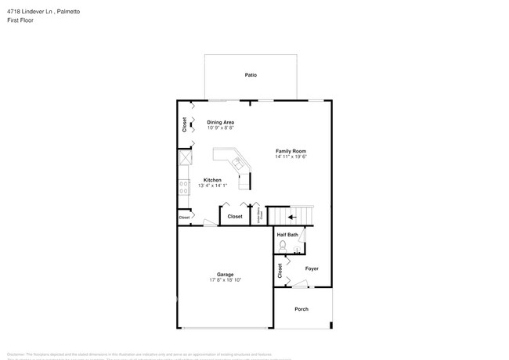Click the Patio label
click(250, 75)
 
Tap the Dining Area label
click(220, 122)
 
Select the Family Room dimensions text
click(290, 157)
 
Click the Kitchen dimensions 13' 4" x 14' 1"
click(213, 185)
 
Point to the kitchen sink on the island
click(239, 163)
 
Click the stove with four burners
click(185, 187)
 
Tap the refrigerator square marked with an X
click(185, 158)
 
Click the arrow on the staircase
click(291, 217)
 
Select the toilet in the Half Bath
click(283, 245)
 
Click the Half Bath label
click(287, 235)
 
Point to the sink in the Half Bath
click(298, 250)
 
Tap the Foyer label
click(312, 268)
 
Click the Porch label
click(301, 309)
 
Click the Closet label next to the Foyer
click(280, 271)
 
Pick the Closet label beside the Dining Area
click(185, 124)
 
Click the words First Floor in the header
click(19, 21)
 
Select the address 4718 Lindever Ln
click(28, 12)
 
